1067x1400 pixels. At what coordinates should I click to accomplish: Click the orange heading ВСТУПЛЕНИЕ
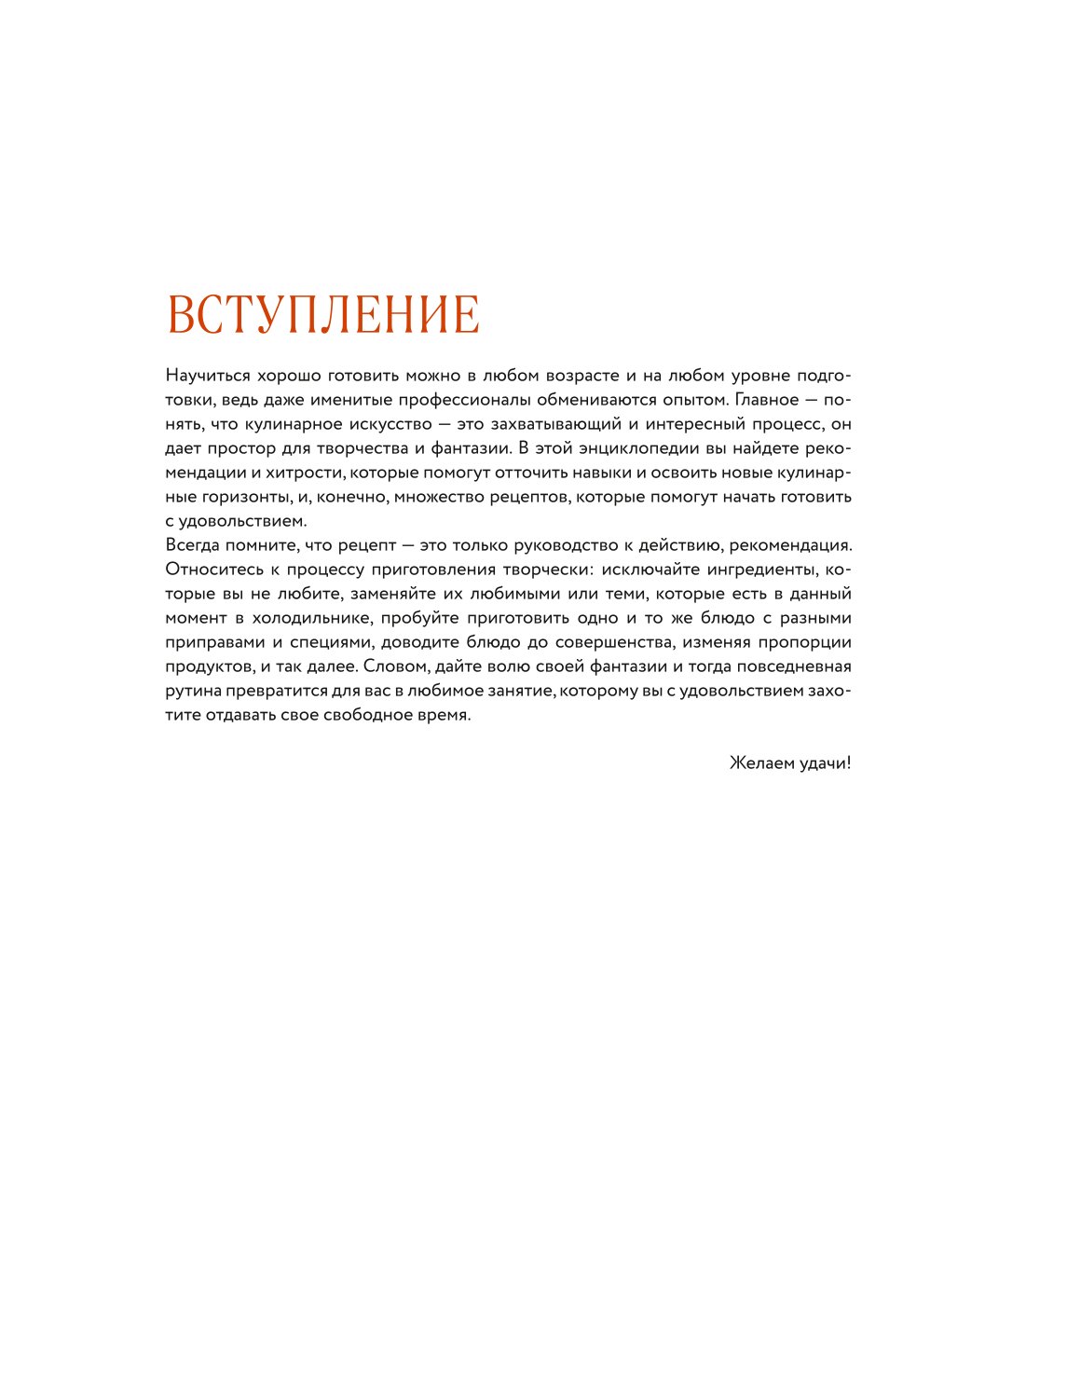point(323,314)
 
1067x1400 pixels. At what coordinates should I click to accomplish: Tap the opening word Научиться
point(208,376)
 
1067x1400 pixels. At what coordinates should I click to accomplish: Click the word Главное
point(767,400)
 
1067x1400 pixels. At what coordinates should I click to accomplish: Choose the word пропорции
point(805,642)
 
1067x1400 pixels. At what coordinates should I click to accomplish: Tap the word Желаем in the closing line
point(760,763)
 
